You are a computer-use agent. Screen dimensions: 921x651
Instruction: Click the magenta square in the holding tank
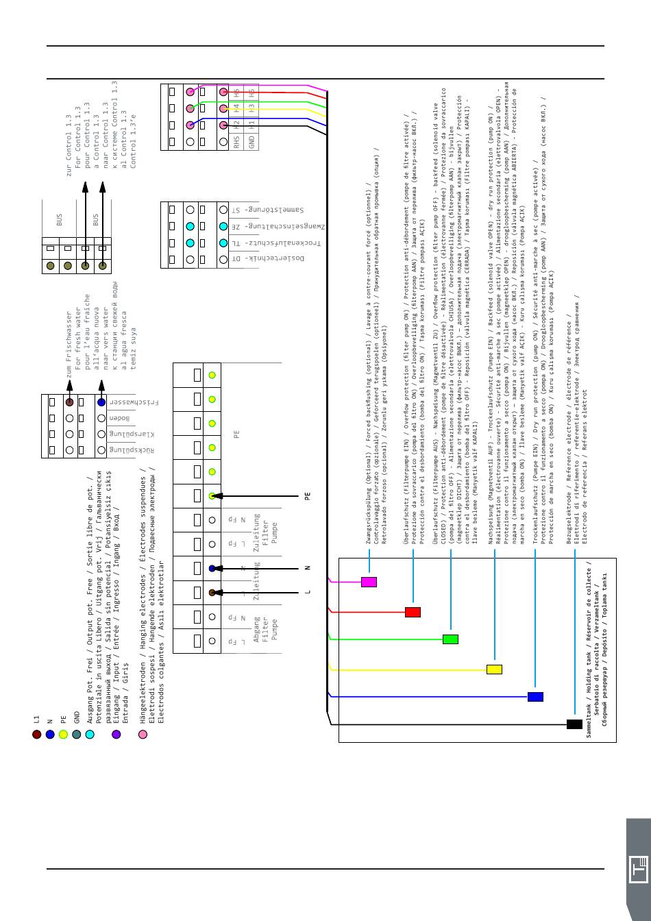tap(369, 582)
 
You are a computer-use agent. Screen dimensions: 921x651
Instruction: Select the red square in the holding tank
tap(413, 612)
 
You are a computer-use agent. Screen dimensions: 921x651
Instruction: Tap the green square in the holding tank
tap(450, 639)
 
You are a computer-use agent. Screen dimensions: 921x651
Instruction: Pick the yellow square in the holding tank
tap(494, 669)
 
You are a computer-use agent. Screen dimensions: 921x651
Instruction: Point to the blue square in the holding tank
tap(535, 697)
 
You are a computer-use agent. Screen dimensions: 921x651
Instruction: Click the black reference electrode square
tap(574, 724)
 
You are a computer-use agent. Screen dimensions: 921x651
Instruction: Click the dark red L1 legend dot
tap(37, 735)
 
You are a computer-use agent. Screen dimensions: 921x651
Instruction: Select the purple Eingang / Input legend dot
tap(116, 735)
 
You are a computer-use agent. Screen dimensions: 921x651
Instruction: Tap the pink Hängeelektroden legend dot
tap(143, 735)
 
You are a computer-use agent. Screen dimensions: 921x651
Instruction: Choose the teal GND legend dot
tap(77, 735)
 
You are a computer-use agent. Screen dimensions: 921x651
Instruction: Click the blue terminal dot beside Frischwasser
tap(101, 402)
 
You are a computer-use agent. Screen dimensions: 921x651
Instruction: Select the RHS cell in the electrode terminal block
tap(237, 142)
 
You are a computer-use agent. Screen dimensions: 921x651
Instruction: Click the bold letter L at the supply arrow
tap(308, 591)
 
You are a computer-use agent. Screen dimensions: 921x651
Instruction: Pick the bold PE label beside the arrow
tap(308, 495)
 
